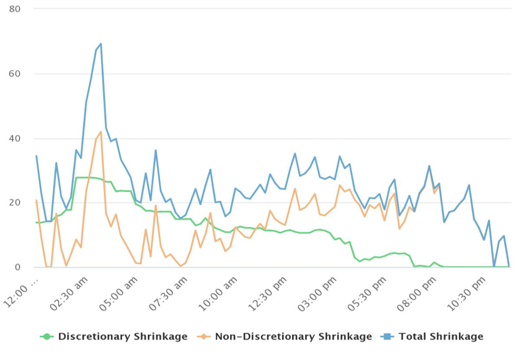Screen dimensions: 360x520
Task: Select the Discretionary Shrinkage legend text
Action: pyautogui.click(x=123, y=337)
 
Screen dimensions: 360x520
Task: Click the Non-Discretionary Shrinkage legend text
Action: pyautogui.click(x=293, y=337)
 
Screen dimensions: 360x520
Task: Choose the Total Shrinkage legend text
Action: pyautogui.click(x=441, y=337)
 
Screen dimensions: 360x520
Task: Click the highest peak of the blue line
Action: pyautogui.click(x=101, y=44)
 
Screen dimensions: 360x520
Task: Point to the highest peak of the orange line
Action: pyautogui.click(x=101, y=132)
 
